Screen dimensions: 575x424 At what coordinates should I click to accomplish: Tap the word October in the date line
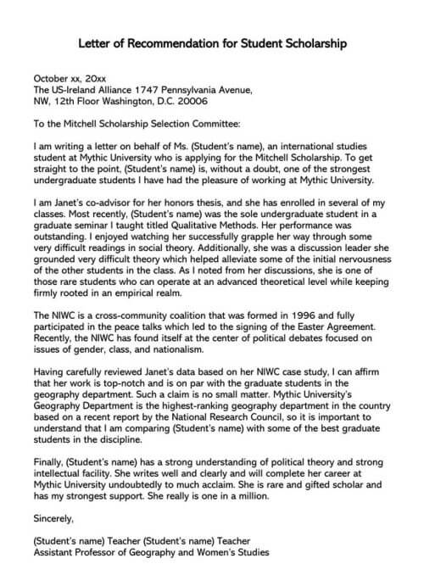click(52, 77)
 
